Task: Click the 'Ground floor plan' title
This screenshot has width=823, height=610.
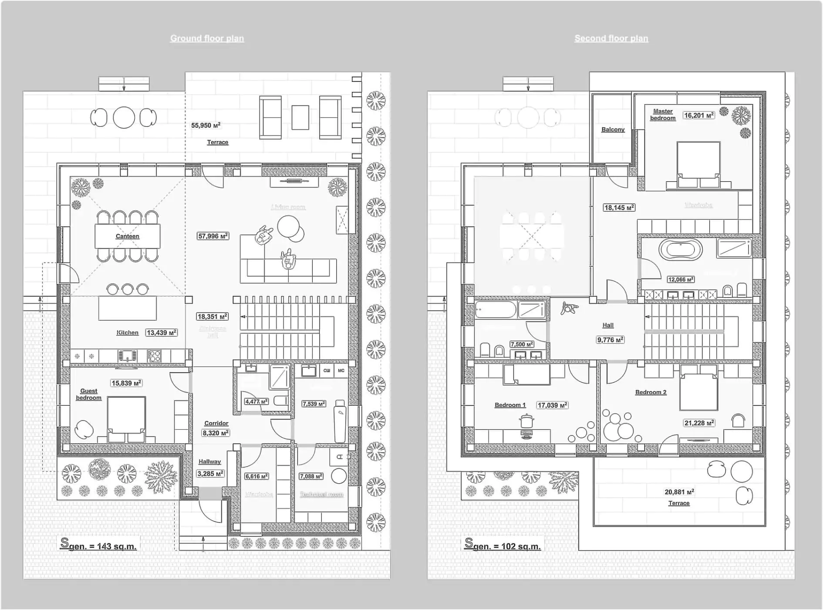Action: coord(207,38)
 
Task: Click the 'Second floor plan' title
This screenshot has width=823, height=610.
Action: coord(611,38)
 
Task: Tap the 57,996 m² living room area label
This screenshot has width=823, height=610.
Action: coord(213,236)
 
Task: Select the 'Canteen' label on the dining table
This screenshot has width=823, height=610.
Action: coord(127,236)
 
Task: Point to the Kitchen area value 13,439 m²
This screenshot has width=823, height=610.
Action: coord(161,332)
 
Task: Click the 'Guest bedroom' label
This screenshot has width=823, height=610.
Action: coord(88,394)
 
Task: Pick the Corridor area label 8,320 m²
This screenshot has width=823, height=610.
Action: coord(216,433)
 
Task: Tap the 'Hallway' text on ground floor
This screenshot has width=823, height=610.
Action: coord(209,461)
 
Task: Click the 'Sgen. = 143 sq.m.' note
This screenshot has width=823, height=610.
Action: coord(98,545)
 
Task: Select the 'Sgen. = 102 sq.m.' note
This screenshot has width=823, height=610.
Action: coord(503,545)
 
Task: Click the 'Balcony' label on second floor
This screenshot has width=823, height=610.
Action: coord(613,129)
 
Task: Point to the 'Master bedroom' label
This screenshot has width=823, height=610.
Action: coord(662,115)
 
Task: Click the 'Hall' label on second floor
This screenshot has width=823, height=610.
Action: coord(608,325)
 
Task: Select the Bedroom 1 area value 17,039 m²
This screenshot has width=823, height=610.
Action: coord(552,405)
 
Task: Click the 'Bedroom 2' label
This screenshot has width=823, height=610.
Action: coord(651,392)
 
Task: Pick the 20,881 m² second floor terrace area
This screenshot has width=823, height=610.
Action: coord(679,492)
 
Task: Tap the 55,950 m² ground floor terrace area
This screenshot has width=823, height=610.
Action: coord(206,125)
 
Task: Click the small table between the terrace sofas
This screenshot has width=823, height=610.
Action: coord(300,118)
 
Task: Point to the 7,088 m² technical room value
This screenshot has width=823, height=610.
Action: coord(311,476)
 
